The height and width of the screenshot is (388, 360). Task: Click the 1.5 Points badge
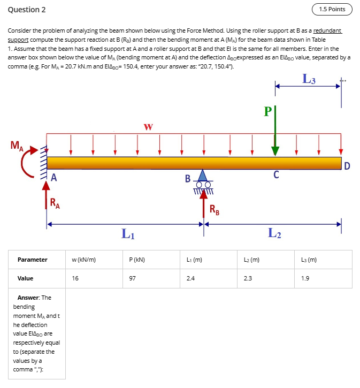[x=332, y=9]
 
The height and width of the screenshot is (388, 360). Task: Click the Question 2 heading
[x=27, y=10]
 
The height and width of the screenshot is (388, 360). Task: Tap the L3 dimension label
[x=309, y=79]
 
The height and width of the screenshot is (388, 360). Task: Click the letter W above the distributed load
[x=148, y=127]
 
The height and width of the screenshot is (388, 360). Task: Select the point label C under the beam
[x=275, y=174]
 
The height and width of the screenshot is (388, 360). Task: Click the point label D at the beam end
[x=347, y=166]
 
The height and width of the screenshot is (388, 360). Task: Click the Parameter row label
[x=32, y=260]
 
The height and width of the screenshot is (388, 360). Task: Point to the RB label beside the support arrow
[x=213, y=209]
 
